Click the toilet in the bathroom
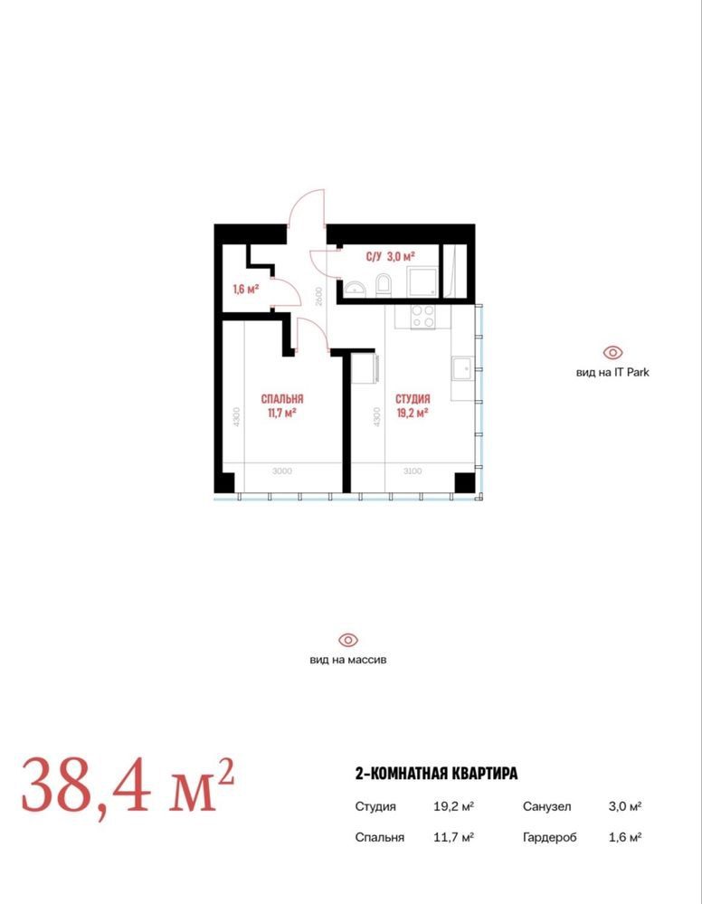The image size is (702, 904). pos(383,285)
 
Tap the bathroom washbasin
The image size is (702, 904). pos(356,288)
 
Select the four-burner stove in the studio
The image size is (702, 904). pos(422,316)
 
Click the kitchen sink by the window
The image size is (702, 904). pos(461,367)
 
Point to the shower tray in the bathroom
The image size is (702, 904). pos(422,281)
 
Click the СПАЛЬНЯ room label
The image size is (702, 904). pos(282,399)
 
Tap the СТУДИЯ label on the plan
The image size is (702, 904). pos(413,399)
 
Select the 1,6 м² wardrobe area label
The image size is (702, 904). pos(245,289)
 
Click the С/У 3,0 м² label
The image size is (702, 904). pos(390,256)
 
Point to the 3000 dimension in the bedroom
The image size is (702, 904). pos(282,471)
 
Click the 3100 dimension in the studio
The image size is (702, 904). pos(413,471)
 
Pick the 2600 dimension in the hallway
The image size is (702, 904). pos(319,296)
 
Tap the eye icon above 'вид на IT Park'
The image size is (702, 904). pos(612,352)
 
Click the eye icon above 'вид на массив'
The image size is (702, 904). pos(348,640)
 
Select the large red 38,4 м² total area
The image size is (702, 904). pos(128,785)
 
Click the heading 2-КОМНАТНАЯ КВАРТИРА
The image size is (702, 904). pos(436,773)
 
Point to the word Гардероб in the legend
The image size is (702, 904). pos(550,837)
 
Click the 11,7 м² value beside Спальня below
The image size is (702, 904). pos(453,836)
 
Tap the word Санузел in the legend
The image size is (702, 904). pos(547,806)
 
